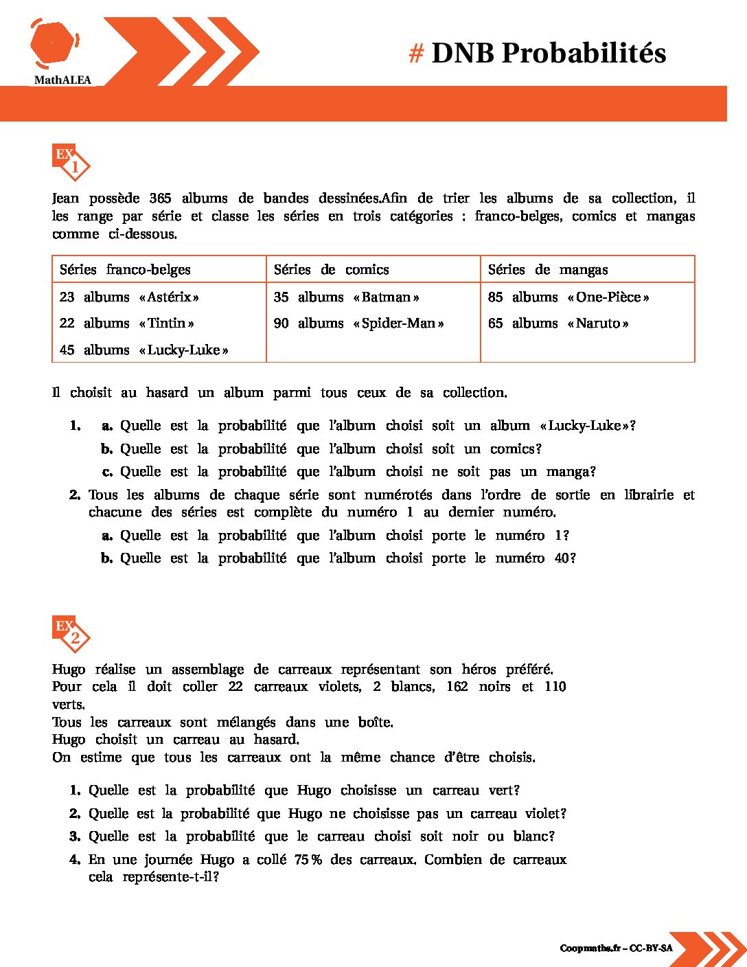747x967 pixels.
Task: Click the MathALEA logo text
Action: (x=62, y=80)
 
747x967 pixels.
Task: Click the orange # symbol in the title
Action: (x=416, y=54)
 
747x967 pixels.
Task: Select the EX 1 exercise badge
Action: (x=71, y=161)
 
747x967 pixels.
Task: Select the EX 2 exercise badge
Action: (x=71, y=633)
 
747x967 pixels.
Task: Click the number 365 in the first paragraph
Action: (x=160, y=198)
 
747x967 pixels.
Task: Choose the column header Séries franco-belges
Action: (x=125, y=270)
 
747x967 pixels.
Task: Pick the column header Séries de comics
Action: (x=331, y=270)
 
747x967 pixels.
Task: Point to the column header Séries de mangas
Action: (x=547, y=270)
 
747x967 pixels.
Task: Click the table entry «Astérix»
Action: (x=169, y=297)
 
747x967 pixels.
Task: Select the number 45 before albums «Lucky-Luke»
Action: (x=67, y=350)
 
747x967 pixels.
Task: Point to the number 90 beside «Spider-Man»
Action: (x=281, y=323)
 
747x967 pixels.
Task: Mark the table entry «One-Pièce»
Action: (x=608, y=297)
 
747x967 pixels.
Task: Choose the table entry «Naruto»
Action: (x=598, y=323)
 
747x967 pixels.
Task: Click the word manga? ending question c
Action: (x=571, y=472)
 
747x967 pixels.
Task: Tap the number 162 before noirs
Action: (x=457, y=687)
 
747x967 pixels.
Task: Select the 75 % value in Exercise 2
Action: (x=308, y=860)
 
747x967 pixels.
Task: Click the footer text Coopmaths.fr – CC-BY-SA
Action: (x=616, y=948)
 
